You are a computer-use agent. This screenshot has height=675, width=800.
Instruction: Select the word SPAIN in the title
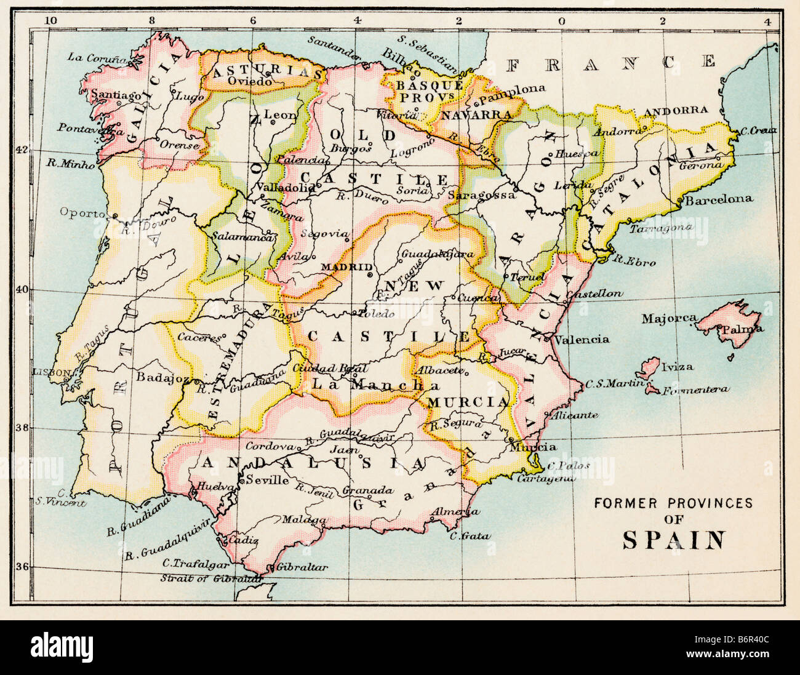pos(673,540)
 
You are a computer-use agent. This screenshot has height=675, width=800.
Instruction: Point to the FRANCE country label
pos(612,62)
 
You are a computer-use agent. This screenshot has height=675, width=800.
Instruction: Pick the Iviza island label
pos(677,367)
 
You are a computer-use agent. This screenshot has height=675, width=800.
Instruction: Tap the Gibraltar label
pos(302,567)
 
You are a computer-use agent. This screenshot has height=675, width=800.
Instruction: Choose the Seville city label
pos(268,480)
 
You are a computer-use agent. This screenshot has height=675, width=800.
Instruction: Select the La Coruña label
pos(97,58)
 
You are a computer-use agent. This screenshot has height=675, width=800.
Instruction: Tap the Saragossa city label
pos(481,195)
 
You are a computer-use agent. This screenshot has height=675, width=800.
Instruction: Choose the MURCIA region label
pos(468,402)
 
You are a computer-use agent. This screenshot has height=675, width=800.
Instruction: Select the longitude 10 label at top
pos(52,20)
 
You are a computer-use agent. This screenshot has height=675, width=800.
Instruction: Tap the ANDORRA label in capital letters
pos(676,111)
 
